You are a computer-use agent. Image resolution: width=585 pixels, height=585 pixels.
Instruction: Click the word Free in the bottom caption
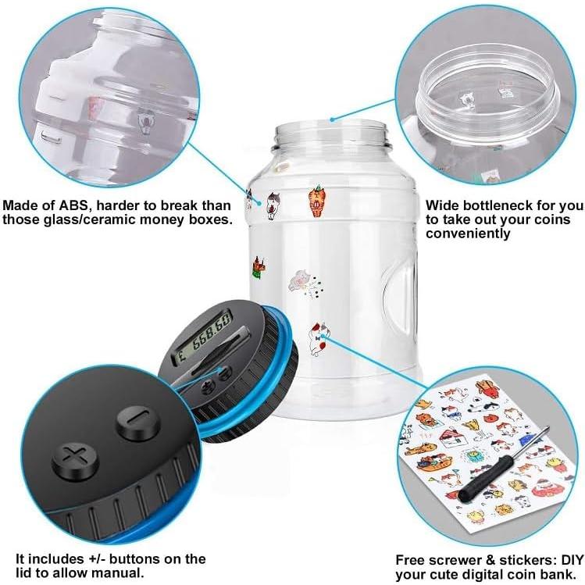(x=412, y=559)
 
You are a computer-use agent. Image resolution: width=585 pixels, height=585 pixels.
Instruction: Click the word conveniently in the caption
(x=468, y=233)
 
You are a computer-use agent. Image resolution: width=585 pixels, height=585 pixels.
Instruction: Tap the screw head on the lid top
(x=209, y=387)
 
